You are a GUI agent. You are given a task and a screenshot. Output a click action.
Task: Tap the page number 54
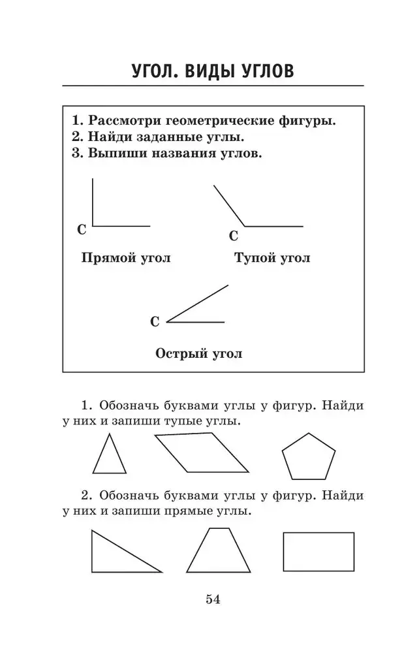[213, 599]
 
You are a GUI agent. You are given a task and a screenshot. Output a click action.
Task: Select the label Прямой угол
[125, 258]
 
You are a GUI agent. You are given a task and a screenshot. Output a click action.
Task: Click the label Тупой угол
[272, 258]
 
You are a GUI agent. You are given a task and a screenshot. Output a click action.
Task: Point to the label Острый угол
[199, 354]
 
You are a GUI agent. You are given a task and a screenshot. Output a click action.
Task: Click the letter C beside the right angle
[82, 230]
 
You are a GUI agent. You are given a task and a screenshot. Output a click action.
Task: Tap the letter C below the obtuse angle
[234, 236]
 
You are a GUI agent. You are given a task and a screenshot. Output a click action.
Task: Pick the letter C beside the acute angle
[155, 321]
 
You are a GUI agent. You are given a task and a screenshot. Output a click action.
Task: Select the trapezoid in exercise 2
[219, 552]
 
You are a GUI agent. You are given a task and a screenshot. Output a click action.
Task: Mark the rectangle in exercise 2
[319, 551]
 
